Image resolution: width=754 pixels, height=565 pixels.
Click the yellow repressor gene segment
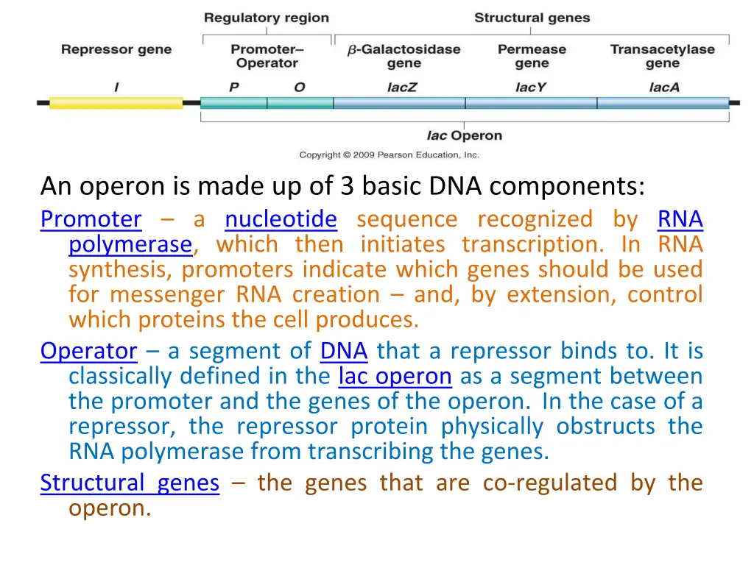116,103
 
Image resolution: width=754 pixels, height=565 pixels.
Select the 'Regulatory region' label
266,18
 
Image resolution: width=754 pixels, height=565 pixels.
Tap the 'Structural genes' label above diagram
532,18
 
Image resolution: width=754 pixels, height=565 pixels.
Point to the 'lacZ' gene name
402,87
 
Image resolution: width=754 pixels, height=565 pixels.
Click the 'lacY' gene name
530,87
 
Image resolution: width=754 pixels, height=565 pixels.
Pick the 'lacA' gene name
663,87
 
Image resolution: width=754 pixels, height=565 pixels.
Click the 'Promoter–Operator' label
267,56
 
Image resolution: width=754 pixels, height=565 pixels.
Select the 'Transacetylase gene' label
662,56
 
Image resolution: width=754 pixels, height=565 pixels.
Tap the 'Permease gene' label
532,56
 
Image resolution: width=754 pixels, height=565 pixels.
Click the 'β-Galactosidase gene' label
404,56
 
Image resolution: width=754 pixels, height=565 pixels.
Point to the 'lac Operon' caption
464,135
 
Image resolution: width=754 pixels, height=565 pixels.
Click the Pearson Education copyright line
389,155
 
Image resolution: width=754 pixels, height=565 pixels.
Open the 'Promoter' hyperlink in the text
91,219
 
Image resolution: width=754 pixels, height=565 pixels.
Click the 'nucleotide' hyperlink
281,219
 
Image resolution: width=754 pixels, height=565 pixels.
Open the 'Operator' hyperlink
89,351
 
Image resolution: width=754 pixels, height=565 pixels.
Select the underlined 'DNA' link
344,351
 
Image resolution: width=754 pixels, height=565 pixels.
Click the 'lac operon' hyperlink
395,377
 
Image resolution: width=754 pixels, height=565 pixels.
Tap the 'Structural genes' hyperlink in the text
130,483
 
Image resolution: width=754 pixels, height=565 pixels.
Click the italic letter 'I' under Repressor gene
116,87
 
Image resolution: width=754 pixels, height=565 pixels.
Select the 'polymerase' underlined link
130,244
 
